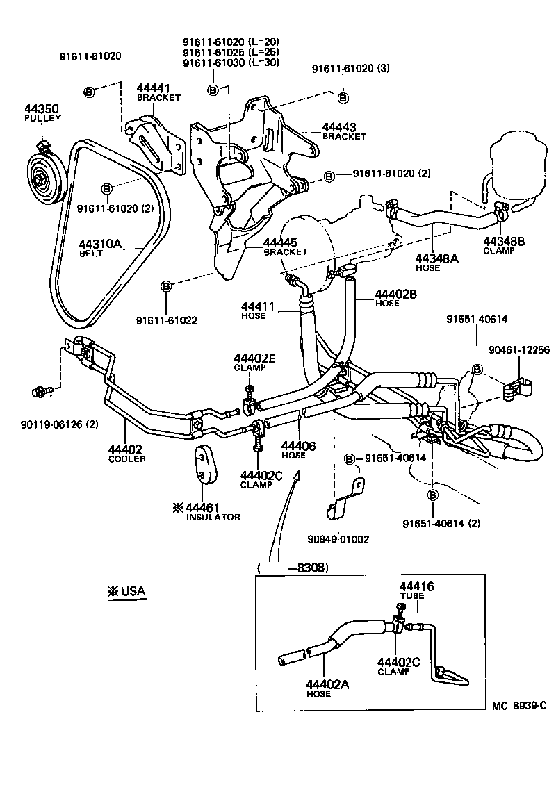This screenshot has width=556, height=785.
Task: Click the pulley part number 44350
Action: click(42, 109)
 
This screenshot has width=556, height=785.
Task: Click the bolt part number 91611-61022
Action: click(167, 320)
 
